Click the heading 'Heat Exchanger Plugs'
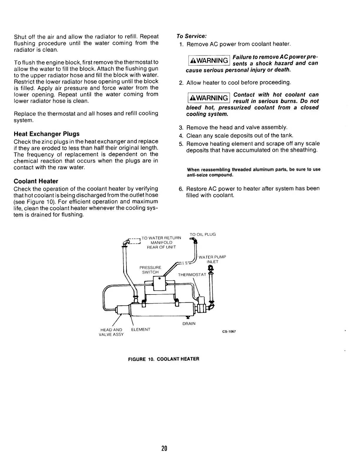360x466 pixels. point(46,134)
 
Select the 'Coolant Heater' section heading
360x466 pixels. point(36,181)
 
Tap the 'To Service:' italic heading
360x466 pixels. point(191,36)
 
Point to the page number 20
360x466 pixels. point(164,449)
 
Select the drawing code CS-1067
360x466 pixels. point(229,332)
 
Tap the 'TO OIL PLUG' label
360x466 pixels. point(203,234)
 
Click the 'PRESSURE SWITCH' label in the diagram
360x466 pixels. point(150,270)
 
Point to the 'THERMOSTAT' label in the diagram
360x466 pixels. point(192,275)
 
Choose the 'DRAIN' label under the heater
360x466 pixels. point(189,324)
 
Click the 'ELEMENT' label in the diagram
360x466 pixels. point(141,329)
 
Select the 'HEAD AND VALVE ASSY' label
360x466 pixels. point(112,332)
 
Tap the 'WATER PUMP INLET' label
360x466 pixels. point(212,259)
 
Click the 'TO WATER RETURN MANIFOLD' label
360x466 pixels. point(161,242)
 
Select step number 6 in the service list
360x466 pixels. point(181,189)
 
